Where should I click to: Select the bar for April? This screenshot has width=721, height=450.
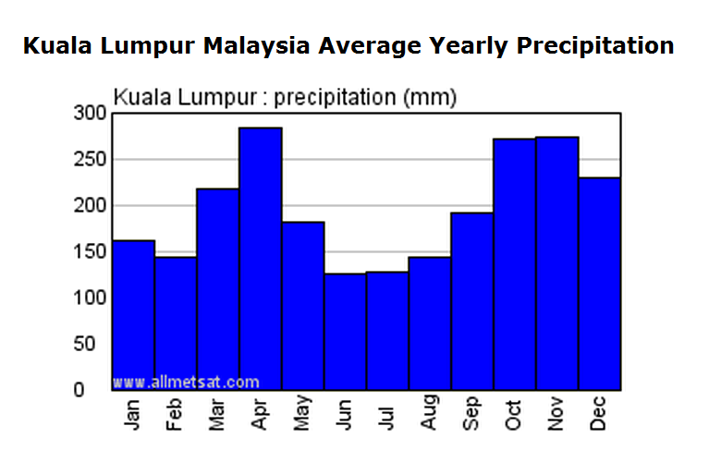261,259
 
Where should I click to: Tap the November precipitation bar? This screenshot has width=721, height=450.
556,263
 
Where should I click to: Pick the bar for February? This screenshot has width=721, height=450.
176,323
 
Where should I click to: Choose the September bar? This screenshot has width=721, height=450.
472,301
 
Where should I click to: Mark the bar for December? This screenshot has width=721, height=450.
599,283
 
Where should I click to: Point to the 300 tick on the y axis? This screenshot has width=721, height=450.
91,113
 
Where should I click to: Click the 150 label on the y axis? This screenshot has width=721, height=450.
91,251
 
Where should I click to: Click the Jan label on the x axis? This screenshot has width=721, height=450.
134,415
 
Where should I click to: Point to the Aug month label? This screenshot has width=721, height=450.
430,415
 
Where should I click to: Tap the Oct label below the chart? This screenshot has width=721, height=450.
515,415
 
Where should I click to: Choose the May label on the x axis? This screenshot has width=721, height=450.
303,415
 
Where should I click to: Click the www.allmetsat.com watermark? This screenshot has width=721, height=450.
186,381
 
